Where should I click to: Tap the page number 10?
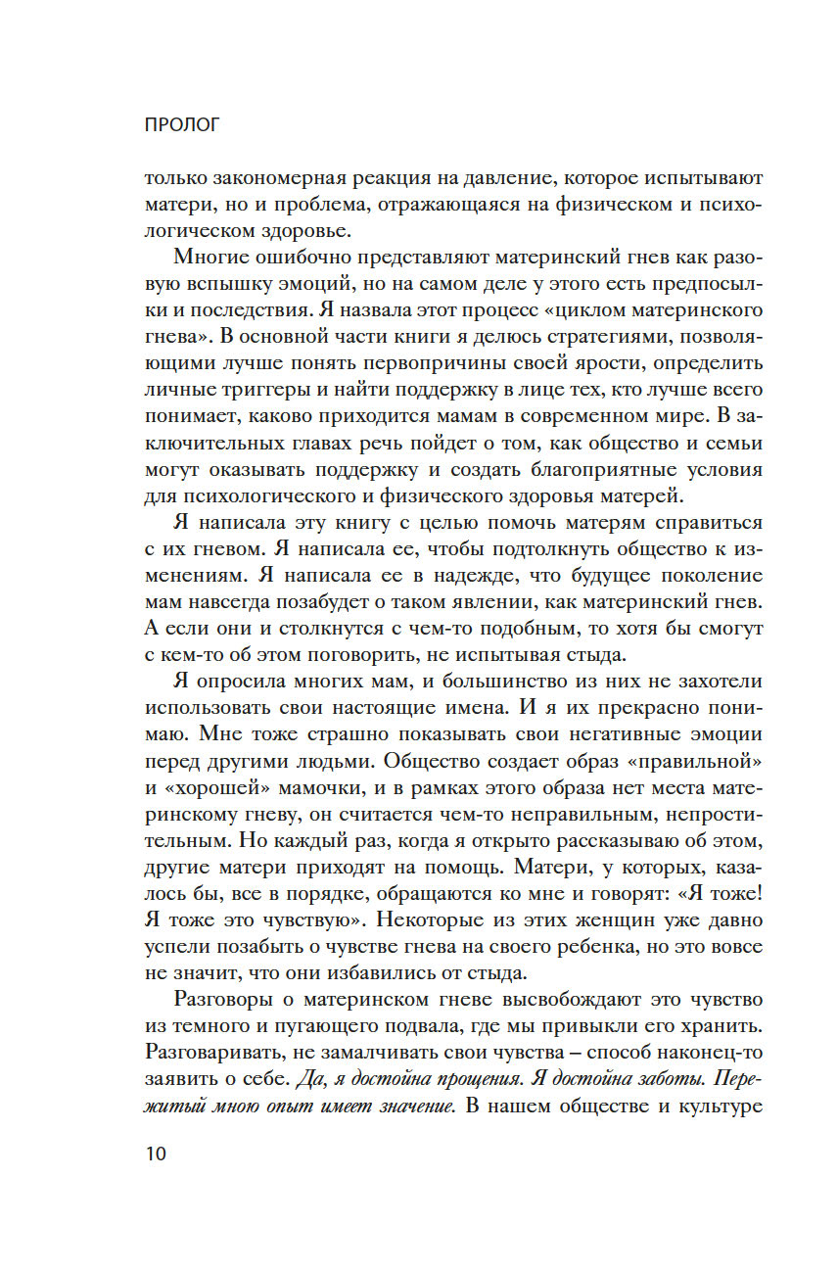tap(156, 1153)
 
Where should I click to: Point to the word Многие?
tap(214, 257)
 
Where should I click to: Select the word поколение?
tap(700, 576)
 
